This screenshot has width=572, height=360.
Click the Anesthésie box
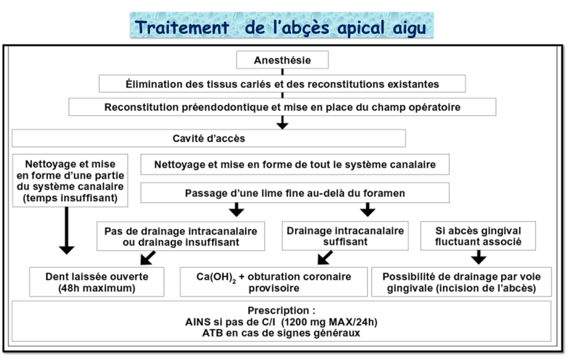click(x=282, y=60)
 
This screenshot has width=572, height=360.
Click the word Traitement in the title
click(x=182, y=27)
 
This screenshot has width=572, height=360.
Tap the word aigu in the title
click(x=409, y=29)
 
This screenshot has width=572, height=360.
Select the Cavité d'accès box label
click(x=209, y=138)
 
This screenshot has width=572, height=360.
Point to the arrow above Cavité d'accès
click(x=282, y=123)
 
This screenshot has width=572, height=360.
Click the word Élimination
click(x=153, y=84)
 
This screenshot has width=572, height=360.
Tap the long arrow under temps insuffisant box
click(x=67, y=230)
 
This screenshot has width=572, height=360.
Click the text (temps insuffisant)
click(x=70, y=198)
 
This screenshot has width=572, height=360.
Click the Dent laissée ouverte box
click(x=97, y=282)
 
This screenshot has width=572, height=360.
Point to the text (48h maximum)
click(x=97, y=288)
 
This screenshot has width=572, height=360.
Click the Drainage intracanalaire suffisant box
click(x=345, y=235)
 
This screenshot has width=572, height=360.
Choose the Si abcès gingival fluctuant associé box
click(x=478, y=235)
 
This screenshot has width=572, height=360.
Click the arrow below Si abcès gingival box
click(x=479, y=257)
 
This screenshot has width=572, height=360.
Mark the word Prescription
click(x=279, y=310)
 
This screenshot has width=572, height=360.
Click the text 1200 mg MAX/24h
click(x=330, y=322)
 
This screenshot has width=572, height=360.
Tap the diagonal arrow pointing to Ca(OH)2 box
click(x=325, y=257)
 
